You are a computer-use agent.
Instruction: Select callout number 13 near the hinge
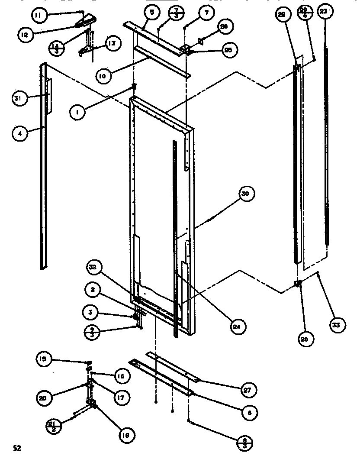click(x=112, y=43)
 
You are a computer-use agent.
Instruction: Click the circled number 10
click(x=102, y=76)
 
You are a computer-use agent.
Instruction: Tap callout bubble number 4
click(x=19, y=133)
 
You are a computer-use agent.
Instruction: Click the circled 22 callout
click(x=282, y=14)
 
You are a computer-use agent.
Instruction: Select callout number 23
click(x=324, y=12)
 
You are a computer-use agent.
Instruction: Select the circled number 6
click(x=250, y=413)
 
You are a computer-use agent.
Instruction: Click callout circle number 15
click(x=44, y=359)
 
